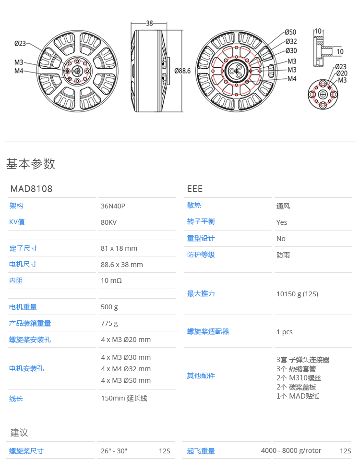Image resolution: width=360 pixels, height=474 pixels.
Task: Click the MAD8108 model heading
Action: pyautogui.click(x=31, y=189)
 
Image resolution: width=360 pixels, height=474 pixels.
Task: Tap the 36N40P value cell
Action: pyautogui.click(x=113, y=206)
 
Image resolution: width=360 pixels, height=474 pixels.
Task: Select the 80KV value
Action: pyautogui.click(x=108, y=222)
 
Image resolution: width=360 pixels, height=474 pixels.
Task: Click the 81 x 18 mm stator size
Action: pyautogui.click(x=119, y=248)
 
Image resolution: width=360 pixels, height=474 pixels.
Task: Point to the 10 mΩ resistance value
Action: pyautogui.click(x=111, y=280)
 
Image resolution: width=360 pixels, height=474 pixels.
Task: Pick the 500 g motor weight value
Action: pyautogui.click(x=109, y=307)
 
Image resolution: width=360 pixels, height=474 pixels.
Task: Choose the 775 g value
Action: pyautogui.click(x=109, y=323)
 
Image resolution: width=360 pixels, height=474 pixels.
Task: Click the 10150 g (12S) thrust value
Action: pyautogui.click(x=297, y=294)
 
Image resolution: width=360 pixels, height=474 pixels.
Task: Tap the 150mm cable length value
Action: pyautogui.click(x=124, y=399)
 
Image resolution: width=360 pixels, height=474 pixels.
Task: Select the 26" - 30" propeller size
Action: pyautogui.click(x=114, y=451)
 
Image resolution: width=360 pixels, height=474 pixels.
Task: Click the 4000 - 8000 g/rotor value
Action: pyautogui.click(x=291, y=450)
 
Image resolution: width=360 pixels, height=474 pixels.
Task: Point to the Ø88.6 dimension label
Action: pyautogui.click(x=182, y=71)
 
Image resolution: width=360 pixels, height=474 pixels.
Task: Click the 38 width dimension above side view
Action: pyautogui.click(x=149, y=23)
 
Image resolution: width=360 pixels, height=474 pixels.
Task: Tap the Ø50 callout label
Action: pyautogui.click(x=291, y=32)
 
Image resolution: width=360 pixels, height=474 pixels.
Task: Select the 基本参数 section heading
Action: pyautogui.click(x=31, y=164)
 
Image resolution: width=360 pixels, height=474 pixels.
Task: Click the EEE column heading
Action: pyautogui.click(x=195, y=189)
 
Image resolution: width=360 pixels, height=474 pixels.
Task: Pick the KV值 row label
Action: pyautogui.click(x=17, y=222)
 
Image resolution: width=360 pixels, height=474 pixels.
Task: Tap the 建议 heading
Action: pyautogui.click(x=20, y=432)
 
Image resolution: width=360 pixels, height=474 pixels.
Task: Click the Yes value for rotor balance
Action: pyautogui.click(x=282, y=222)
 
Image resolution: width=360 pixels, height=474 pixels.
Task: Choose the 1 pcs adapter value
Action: pyautogui.click(x=284, y=332)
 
